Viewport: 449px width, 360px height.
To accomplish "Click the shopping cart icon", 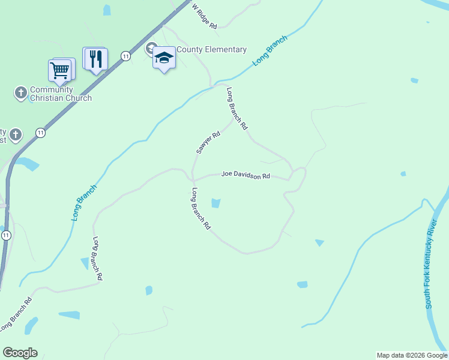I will point(60,70).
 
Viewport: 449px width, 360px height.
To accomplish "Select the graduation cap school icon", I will point(164,58).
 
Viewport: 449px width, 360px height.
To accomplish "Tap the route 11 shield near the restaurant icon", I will point(125,56).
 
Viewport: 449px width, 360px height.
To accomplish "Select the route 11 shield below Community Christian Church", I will point(40,133).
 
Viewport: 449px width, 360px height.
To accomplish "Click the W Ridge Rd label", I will point(204,15).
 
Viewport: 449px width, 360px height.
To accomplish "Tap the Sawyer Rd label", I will point(208,143).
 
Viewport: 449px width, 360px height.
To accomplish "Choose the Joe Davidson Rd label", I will point(246,175).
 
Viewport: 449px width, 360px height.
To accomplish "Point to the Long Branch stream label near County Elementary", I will point(270,50).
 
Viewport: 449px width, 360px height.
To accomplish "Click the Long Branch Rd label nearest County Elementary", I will point(237,109).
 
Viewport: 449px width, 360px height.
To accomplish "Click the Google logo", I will point(20,353).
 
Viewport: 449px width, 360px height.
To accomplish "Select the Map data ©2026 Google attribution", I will point(412,355).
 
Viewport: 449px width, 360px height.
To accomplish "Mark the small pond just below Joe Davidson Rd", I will point(215,203).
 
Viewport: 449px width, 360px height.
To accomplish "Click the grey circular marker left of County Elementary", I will point(151,49).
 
